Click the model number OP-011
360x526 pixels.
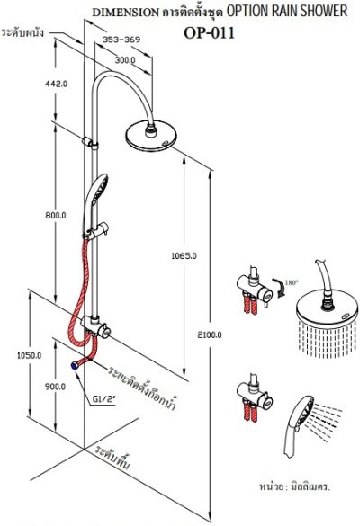[x=209, y=33]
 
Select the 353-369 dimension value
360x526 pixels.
[x=121, y=40]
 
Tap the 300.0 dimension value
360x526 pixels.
[x=125, y=60]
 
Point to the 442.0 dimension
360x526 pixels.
[x=57, y=84]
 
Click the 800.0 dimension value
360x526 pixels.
[x=56, y=215]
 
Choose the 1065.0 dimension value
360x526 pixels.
[x=184, y=256]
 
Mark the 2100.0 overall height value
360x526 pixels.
[x=210, y=334]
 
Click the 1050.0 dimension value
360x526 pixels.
[x=29, y=355]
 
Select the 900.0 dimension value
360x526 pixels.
[x=56, y=387]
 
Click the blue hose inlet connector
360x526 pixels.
[x=74, y=366]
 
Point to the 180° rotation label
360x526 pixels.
[x=292, y=282]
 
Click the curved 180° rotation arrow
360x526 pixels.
[x=280, y=288]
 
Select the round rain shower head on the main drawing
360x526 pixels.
[x=151, y=136]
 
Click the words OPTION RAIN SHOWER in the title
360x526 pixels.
[x=287, y=11]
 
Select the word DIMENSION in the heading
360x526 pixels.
[x=126, y=13]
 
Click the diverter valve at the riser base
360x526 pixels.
[x=96, y=326]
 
